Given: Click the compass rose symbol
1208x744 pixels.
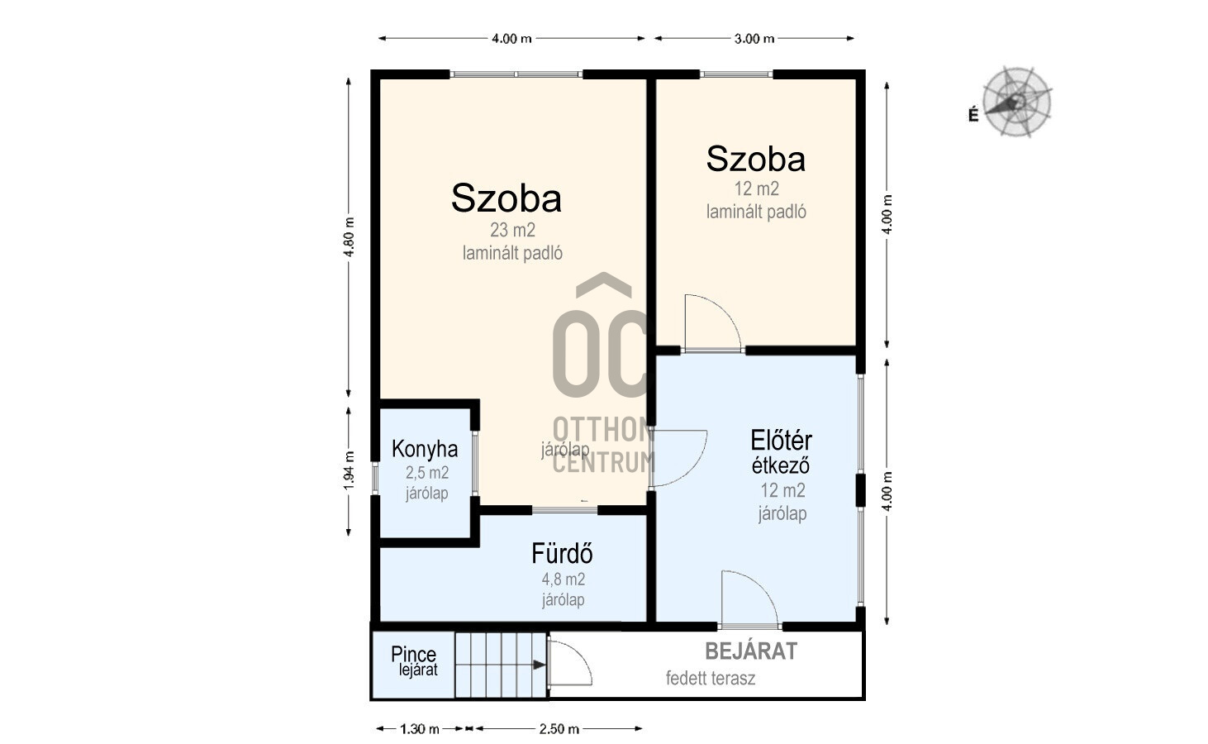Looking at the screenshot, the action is (x=1016, y=102).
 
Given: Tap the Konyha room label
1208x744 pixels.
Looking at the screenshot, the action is (x=425, y=449).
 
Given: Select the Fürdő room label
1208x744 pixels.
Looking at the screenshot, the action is (x=563, y=553).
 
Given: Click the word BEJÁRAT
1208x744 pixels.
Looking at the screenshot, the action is (x=751, y=651).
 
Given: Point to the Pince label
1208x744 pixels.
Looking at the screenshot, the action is (x=414, y=654).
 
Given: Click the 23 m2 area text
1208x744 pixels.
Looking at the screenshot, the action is (x=512, y=231).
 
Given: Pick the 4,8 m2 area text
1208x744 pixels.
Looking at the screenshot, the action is (x=564, y=579).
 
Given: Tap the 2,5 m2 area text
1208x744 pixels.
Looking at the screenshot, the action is (x=427, y=473).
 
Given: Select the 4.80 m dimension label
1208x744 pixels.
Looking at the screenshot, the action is (x=350, y=237).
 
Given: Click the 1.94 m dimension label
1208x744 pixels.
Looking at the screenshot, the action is (x=350, y=471).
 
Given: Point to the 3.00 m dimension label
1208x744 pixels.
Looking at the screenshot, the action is (x=754, y=39).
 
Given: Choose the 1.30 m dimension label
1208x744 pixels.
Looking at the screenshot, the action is (x=420, y=729).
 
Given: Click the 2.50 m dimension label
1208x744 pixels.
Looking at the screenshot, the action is (x=559, y=729).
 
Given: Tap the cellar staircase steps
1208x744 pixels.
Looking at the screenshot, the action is (x=501, y=665).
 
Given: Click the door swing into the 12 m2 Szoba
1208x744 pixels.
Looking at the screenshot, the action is (x=712, y=323).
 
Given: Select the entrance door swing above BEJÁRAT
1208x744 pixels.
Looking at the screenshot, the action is (x=749, y=599).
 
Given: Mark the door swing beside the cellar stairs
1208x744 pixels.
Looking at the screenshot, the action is (x=570, y=663).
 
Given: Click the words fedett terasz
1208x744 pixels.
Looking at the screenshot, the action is (x=711, y=678).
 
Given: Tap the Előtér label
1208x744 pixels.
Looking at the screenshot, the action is (x=782, y=441).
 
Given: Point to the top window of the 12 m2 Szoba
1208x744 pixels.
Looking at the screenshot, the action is (x=736, y=74).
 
